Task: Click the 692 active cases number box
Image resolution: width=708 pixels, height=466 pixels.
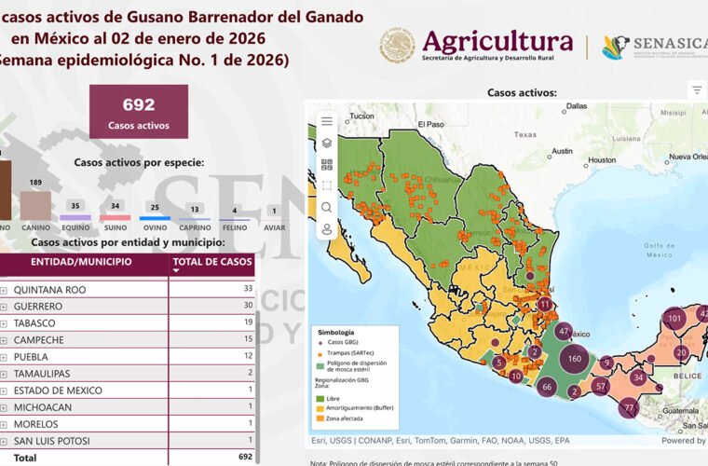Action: [138, 112]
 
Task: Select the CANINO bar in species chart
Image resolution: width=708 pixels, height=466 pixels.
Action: [35, 204]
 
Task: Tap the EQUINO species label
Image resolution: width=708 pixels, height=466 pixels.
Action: [75, 226]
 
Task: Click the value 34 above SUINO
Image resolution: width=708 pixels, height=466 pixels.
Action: [115, 206]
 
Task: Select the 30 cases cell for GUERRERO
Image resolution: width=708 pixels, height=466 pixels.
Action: [247, 307]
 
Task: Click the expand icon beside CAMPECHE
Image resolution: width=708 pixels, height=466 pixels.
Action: [4, 340]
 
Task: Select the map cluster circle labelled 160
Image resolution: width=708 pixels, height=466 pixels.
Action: [574, 358]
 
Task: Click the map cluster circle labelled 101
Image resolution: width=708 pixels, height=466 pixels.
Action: [675, 319]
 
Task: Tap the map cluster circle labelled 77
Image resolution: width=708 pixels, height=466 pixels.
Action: [629, 407]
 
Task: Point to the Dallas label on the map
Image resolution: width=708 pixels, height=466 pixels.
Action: [576, 105]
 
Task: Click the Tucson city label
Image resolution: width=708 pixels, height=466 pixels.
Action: [361, 116]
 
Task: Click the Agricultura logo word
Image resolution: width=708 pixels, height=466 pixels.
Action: [497, 41]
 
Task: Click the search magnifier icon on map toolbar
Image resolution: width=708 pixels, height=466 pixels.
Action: [327, 207]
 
